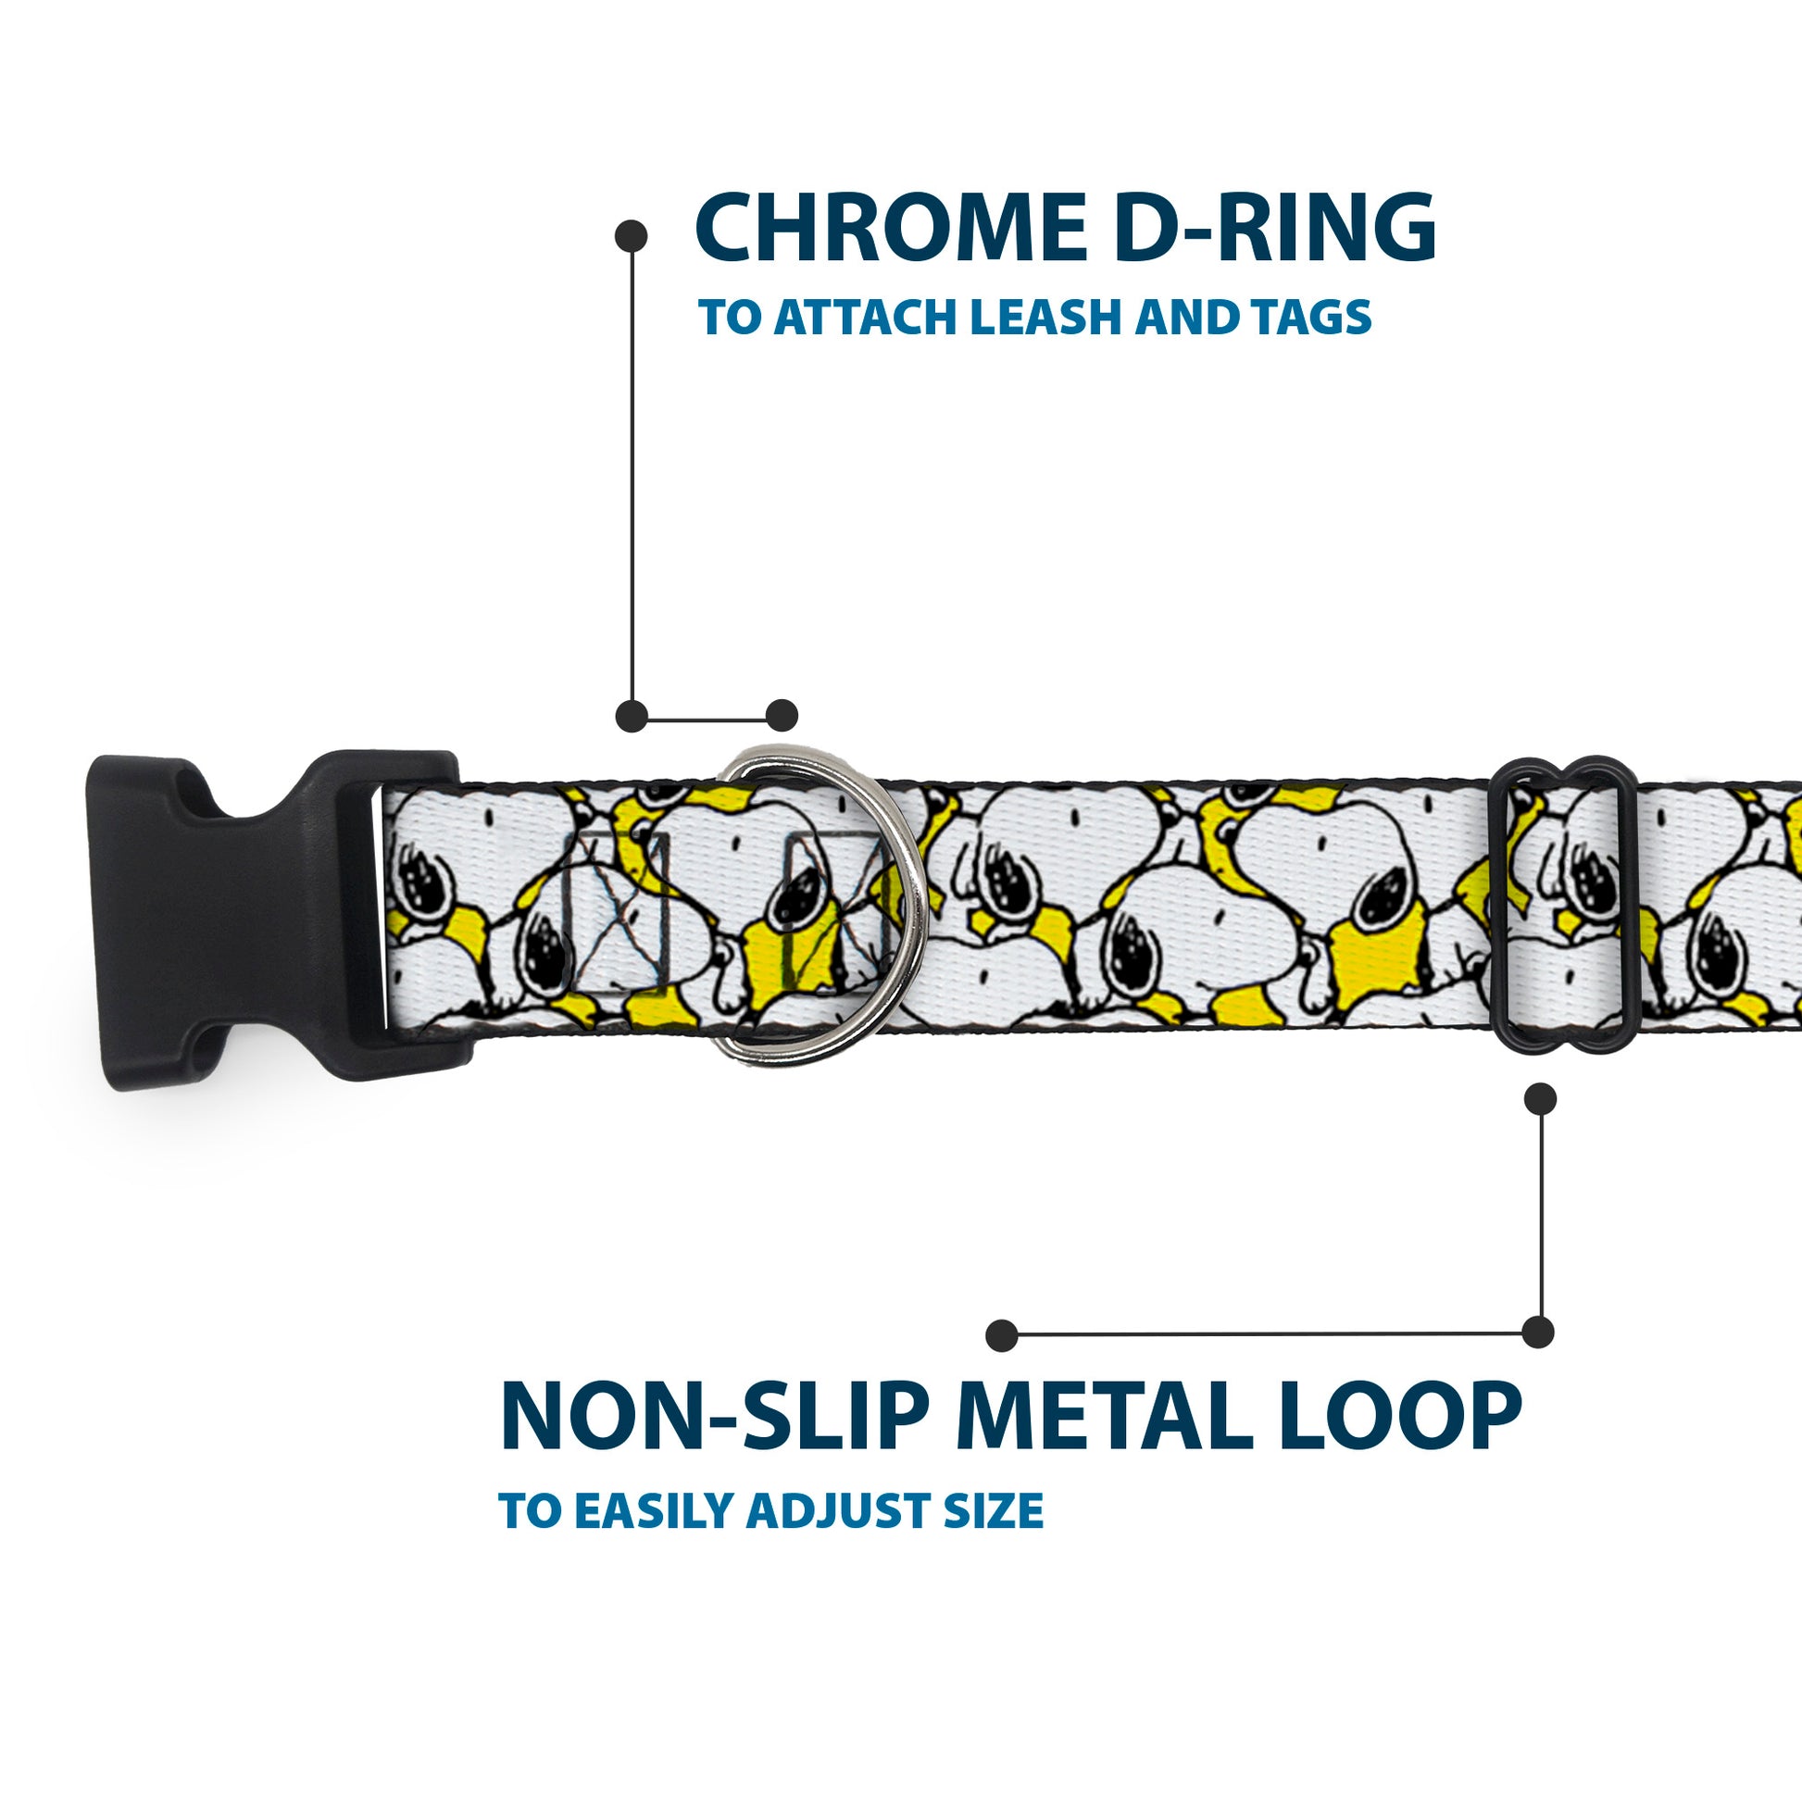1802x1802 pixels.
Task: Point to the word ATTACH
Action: pyautogui.click(x=867, y=318)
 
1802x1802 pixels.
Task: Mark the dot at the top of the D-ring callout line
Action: pyautogui.click(x=632, y=236)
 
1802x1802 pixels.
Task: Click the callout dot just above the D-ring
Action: pyautogui.click(x=782, y=716)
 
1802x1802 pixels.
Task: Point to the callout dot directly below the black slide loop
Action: pyautogui.click(x=1540, y=1099)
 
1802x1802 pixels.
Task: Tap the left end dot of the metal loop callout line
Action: pyautogui.click(x=1001, y=1334)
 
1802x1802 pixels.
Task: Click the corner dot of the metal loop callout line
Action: pyautogui.click(x=1538, y=1332)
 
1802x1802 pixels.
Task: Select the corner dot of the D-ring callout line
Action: pyautogui.click(x=632, y=717)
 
